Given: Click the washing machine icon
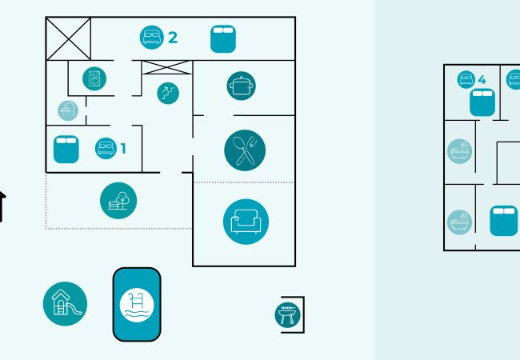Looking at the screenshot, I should [95, 78].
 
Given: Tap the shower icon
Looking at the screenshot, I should [68, 110].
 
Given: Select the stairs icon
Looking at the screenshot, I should [168, 93].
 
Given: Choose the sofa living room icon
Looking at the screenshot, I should [245, 222].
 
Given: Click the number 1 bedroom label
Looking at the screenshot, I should [122, 148].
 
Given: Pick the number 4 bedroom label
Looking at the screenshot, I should [482, 79].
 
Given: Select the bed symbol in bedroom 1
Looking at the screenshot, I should [66, 150].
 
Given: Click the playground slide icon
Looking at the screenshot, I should [64, 303].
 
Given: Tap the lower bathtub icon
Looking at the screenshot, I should [459, 222].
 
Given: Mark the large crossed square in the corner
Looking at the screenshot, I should [68, 38].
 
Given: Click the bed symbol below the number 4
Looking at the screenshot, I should [482, 102].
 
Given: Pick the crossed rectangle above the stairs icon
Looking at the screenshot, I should [166, 68].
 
